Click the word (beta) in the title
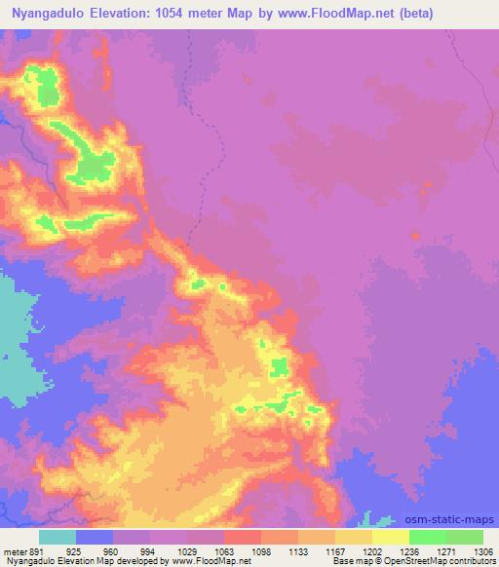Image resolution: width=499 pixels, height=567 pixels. point(441,14)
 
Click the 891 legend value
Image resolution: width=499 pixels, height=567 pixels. point(35,549)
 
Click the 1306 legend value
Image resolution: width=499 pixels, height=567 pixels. point(485,549)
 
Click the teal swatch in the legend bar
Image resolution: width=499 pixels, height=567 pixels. point(58,537)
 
